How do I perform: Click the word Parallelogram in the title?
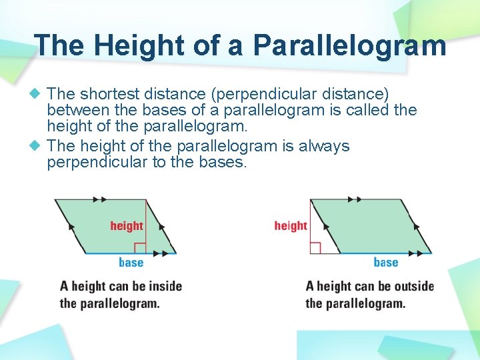(x=349, y=45)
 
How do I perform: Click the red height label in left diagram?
(x=127, y=226)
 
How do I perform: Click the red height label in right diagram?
(x=291, y=226)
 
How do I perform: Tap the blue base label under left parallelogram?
(x=131, y=262)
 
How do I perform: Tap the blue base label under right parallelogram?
(x=386, y=262)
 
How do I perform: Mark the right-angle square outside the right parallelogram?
(x=315, y=249)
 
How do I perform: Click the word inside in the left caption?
(x=165, y=287)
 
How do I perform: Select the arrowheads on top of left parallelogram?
(x=100, y=199)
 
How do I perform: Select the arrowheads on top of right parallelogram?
(x=355, y=199)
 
